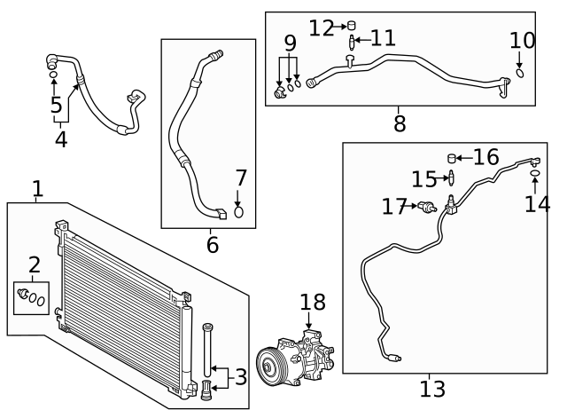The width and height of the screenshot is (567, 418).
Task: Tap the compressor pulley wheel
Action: (269, 366)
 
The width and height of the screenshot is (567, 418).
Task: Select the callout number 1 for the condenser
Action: (37, 188)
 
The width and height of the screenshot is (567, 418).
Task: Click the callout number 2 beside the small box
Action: (35, 264)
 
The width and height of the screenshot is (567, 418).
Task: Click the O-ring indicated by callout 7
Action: (238, 212)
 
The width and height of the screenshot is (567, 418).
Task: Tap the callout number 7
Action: (240, 177)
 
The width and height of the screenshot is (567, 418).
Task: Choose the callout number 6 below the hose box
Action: (213, 244)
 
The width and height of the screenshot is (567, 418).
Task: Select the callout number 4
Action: (60, 139)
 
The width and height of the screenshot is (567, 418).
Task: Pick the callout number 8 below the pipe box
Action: (400, 123)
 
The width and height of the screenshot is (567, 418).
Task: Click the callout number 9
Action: (289, 42)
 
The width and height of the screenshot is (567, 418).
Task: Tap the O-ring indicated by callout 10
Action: (520, 73)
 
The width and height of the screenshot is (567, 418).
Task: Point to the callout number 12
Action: (320, 28)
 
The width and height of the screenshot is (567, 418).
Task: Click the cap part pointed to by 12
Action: (350, 25)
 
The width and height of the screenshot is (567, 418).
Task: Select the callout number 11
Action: (383, 38)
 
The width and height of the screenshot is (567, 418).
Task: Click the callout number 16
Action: (485, 157)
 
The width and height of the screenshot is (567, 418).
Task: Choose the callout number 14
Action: (536, 204)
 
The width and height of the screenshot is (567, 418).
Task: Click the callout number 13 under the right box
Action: (432, 388)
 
